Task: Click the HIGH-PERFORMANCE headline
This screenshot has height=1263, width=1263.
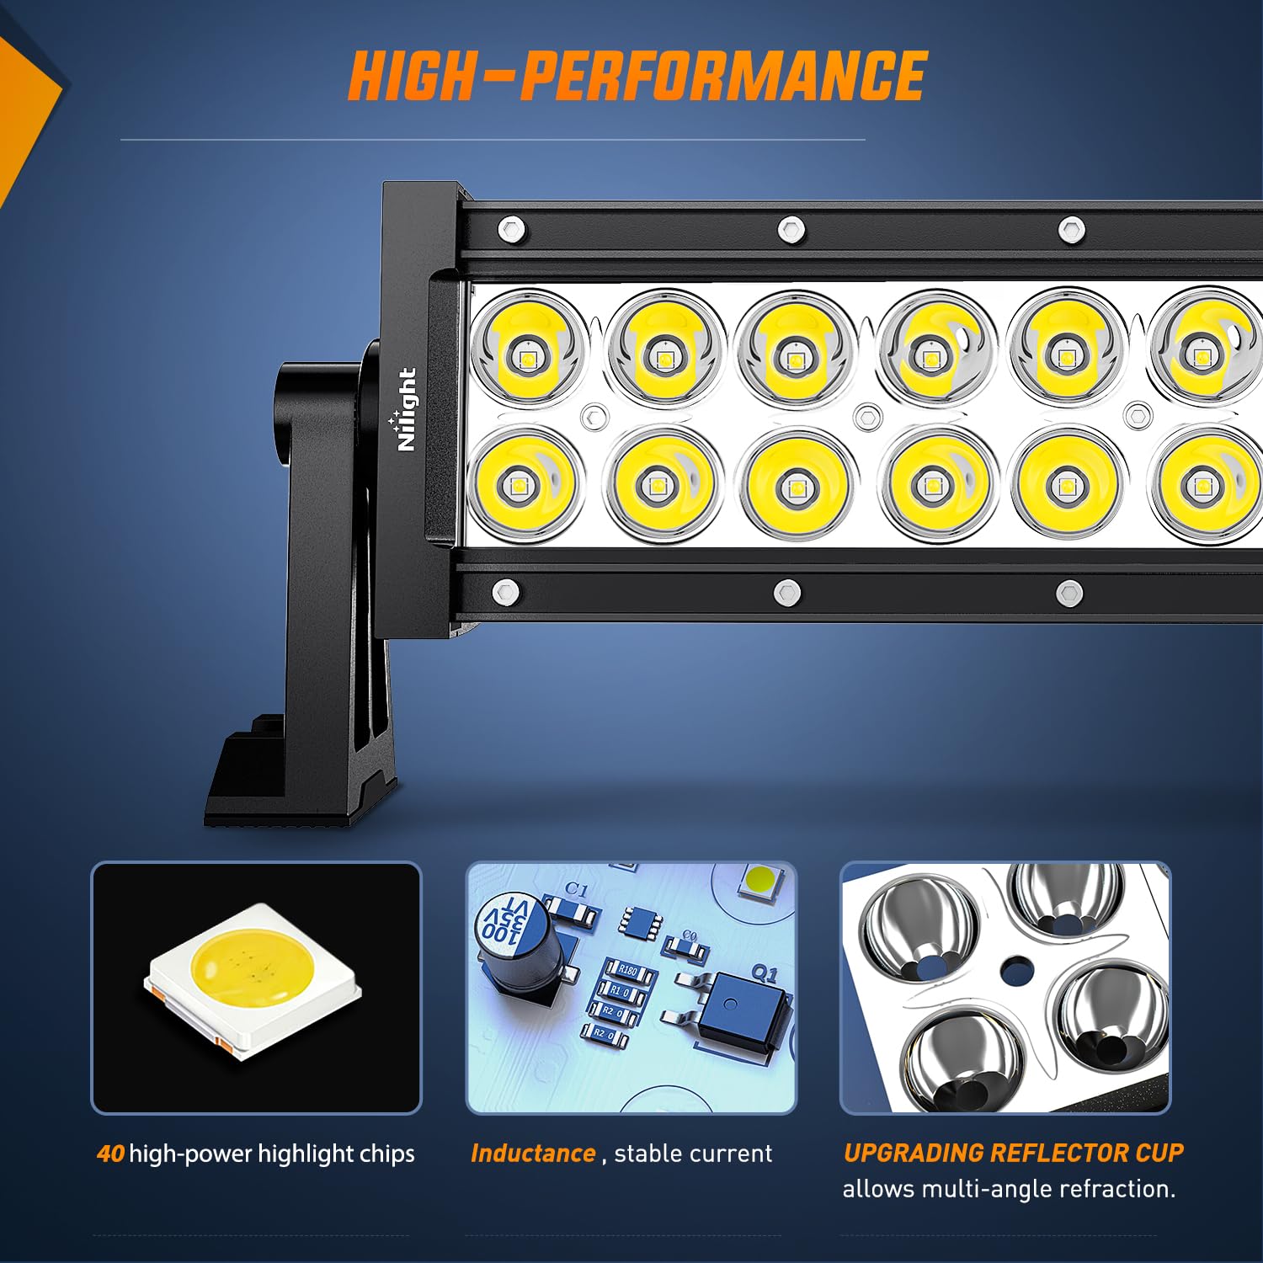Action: tap(637, 76)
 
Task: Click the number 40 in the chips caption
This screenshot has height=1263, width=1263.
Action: tap(110, 1154)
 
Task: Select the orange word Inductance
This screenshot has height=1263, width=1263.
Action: tap(533, 1154)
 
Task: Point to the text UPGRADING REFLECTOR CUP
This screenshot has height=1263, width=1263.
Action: tap(1013, 1153)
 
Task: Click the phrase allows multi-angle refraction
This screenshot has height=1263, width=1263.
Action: tap(1008, 1189)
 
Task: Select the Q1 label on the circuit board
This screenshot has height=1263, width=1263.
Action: tap(764, 974)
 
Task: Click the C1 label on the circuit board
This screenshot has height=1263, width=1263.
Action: tap(577, 889)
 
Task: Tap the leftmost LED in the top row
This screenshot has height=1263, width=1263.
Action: tap(529, 349)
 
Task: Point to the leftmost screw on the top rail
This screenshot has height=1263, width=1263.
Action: tap(511, 228)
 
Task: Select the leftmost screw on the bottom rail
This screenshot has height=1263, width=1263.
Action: tap(505, 593)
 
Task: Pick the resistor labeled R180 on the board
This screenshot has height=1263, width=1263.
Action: tap(628, 971)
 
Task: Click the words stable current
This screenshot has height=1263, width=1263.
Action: tap(693, 1154)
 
